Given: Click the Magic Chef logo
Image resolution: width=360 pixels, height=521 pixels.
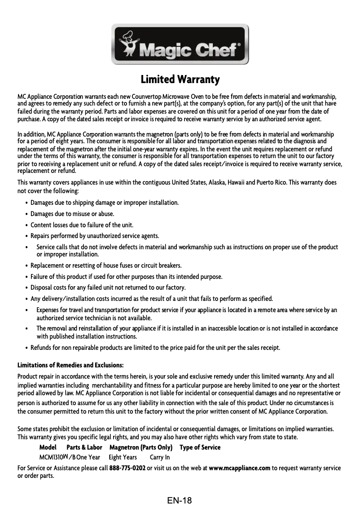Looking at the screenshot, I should click(180, 44).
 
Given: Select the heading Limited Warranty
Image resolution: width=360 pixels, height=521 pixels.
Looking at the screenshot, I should click(180, 80).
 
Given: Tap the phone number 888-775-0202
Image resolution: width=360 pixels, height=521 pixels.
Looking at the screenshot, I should click(127, 468).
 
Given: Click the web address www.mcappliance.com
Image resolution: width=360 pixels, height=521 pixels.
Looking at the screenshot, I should click(239, 468).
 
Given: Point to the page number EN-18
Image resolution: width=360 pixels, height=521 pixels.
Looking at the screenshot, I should click(180, 500).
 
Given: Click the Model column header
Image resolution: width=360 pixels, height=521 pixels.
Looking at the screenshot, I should click(48, 447).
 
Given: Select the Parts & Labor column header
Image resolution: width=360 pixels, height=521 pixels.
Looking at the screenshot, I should click(84, 447).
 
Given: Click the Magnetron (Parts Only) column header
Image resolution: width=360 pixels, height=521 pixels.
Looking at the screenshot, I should click(141, 447).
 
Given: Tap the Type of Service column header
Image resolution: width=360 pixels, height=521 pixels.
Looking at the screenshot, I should click(200, 447).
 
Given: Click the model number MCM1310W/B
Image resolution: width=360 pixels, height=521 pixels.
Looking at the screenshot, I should click(57, 457).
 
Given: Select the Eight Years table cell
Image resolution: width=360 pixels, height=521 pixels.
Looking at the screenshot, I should click(123, 457).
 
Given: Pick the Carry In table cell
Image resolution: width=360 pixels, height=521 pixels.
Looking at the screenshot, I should click(160, 457).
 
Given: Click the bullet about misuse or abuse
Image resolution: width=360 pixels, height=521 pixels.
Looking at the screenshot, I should click(72, 214).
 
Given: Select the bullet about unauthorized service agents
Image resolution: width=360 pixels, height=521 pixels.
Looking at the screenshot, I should click(95, 236).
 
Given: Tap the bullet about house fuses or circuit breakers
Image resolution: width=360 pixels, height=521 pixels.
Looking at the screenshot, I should click(105, 265).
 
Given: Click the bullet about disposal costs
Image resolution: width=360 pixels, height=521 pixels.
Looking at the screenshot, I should click(108, 287).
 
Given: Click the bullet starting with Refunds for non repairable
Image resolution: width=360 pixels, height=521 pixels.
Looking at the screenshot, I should click(155, 348).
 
